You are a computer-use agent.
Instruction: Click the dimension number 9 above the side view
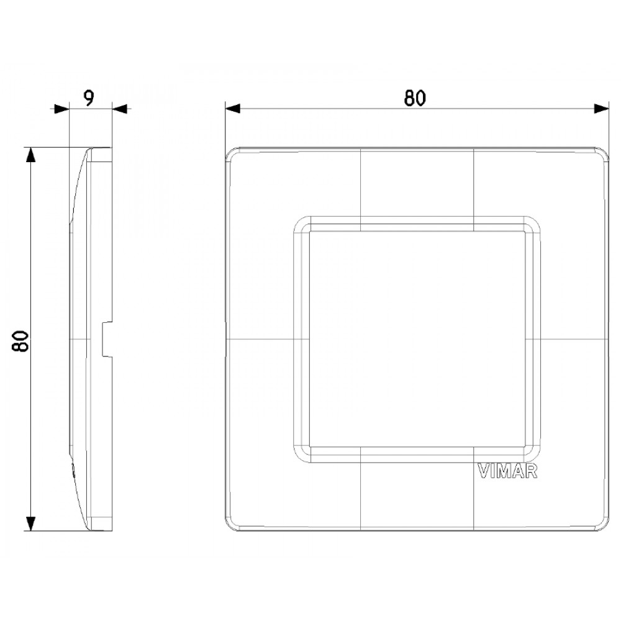tap(89, 98)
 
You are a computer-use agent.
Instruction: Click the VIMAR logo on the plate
tap(507, 472)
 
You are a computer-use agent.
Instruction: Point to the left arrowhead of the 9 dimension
tap(61, 109)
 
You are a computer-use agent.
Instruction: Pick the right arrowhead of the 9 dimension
tap(119, 109)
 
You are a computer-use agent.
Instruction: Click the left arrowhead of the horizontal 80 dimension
tap(232, 109)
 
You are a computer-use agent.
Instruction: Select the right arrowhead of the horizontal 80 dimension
tap(601, 109)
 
